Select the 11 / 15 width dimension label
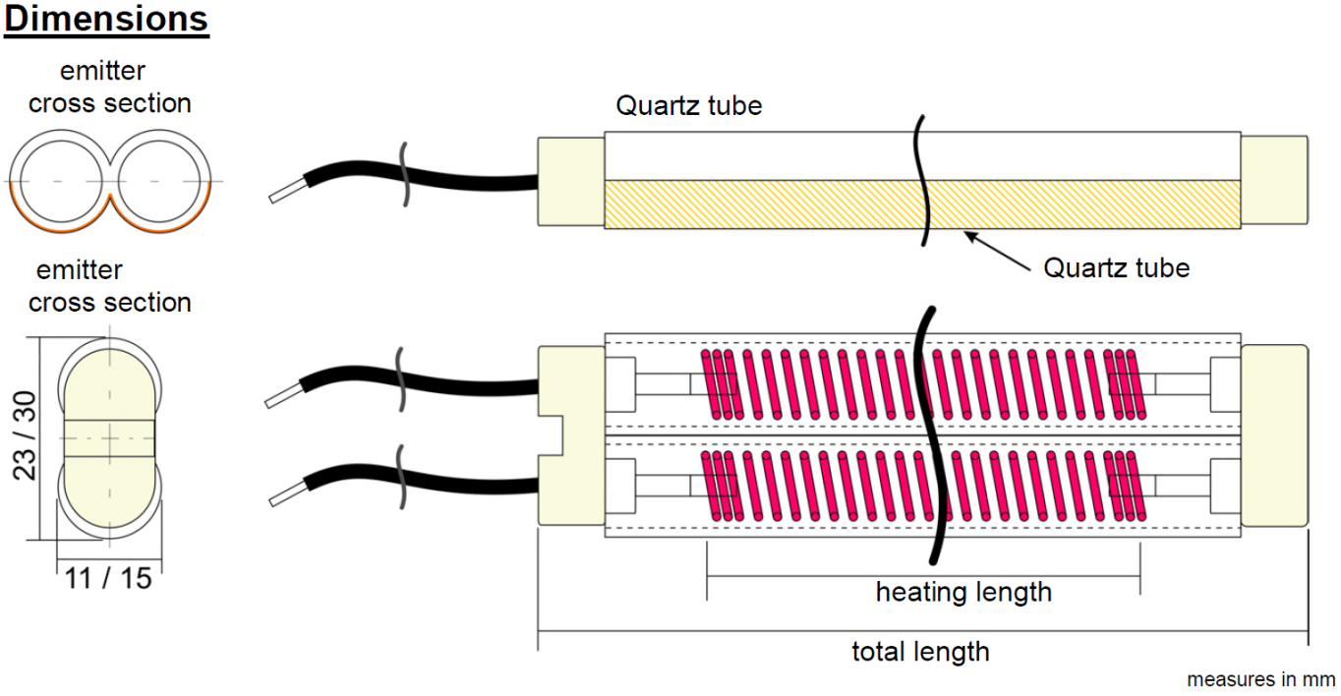(109, 578)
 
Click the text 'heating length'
(963, 593)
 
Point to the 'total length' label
(920, 651)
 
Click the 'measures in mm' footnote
(1261, 679)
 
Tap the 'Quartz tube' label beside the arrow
(1116, 266)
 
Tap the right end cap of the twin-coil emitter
(1274, 435)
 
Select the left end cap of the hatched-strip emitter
(570, 181)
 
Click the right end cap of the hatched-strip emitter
(1274, 181)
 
